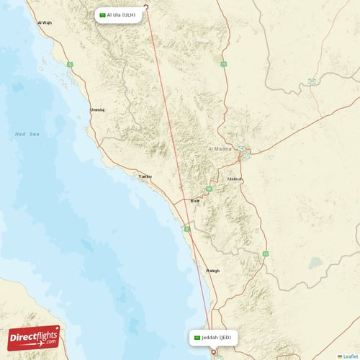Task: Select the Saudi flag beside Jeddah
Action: (x=197, y=337)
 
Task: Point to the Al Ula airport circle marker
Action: (x=147, y=9)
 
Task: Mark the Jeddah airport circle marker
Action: (x=213, y=352)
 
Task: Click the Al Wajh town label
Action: (x=44, y=23)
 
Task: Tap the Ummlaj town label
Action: (x=96, y=109)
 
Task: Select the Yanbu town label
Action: (x=145, y=176)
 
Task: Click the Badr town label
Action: (x=194, y=202)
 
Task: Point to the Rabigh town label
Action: (x=212, y=271)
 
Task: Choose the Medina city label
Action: (x=235, y=178)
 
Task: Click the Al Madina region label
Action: (x=220, y=148)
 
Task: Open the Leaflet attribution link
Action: (x=348, y=356)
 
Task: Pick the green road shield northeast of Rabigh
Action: (x=265, y=253)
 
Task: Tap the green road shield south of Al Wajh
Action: (x=70, y=64)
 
